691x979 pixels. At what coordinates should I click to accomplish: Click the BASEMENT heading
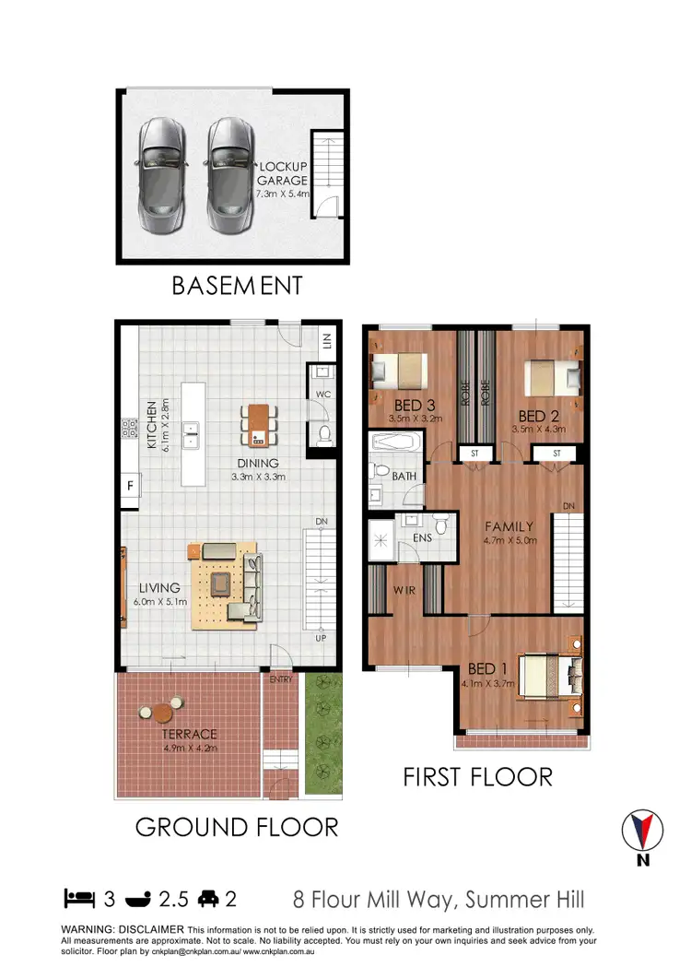(x=237, y=286)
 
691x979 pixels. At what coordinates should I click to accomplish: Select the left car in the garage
(x=160, y=175)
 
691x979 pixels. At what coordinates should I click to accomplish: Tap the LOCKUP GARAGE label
(x=282, y=172)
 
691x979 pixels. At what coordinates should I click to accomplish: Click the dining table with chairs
(x=259, y=426)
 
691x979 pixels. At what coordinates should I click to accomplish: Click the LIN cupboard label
(x=327, y=343)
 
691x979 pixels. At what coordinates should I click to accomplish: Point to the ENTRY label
(x=280, y=680)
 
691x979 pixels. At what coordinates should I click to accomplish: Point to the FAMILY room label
(x=510, y=526)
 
